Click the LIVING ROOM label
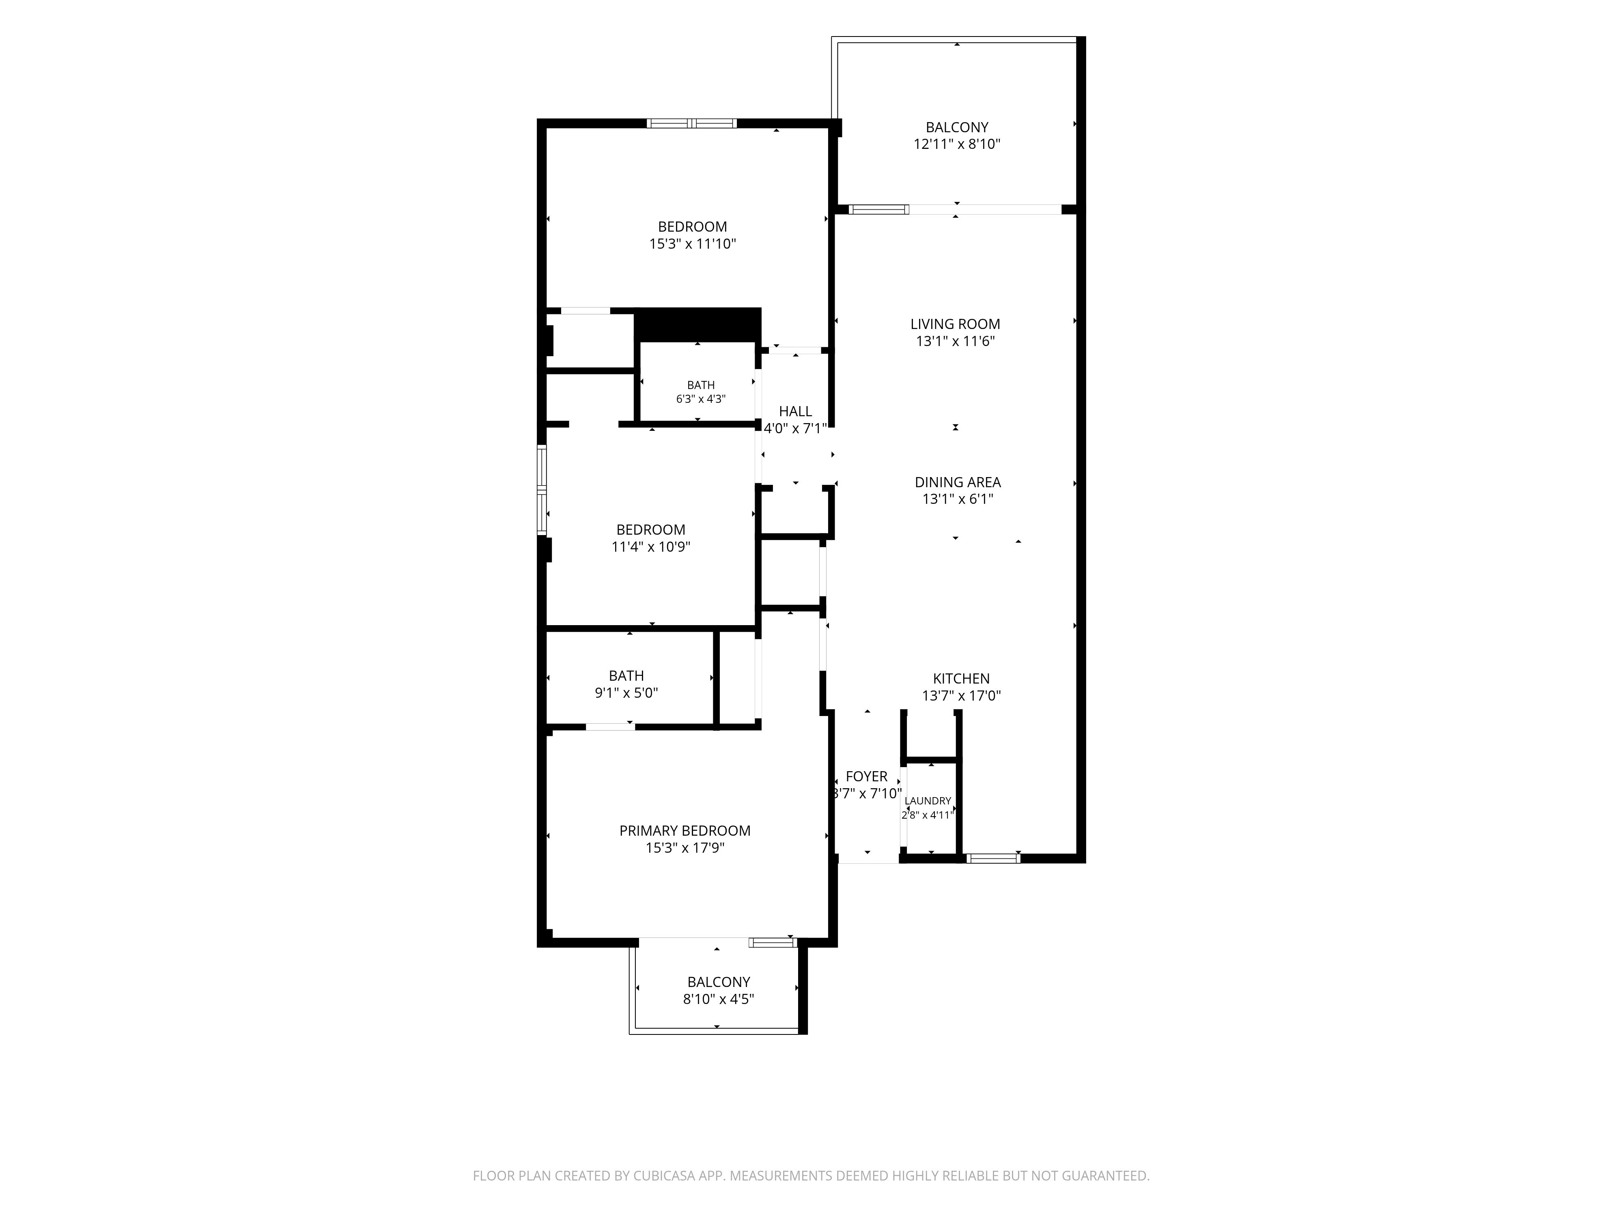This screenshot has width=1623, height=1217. (x=955, y=324)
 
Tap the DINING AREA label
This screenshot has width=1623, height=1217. (x=958, y=483)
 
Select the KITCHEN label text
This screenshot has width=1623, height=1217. (x=961, y=679)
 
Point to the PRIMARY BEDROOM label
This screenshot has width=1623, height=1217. (x=685, y=831)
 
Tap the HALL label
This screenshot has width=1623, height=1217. (x=795, y=411)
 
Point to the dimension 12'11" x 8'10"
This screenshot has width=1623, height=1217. (x=957, y=144)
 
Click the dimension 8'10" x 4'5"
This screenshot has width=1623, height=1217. (x=718, y=999)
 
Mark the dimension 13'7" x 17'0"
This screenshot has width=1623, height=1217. (x=961, y=696)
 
